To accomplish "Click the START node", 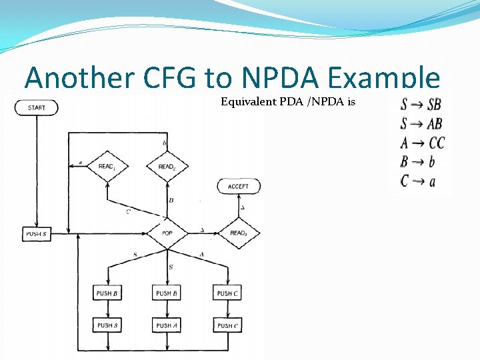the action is [36, 107].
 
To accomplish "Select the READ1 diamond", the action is [107, 166].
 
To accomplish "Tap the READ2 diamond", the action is [167, 166].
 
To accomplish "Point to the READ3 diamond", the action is [239, 233].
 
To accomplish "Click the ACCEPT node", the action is [238, 186].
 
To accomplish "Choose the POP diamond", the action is [167, 233].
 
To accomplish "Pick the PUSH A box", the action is [167, 325].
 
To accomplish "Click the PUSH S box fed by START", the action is [36, 234].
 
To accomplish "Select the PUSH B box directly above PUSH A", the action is [167, 293].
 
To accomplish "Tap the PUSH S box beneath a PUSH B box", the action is [107, 325].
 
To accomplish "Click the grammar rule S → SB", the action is [421, 105].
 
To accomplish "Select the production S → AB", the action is [421, 123].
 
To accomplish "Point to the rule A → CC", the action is [423, 143].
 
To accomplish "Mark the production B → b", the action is [418, 161].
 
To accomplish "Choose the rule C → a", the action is [418, 181].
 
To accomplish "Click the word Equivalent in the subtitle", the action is [248, 103].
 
